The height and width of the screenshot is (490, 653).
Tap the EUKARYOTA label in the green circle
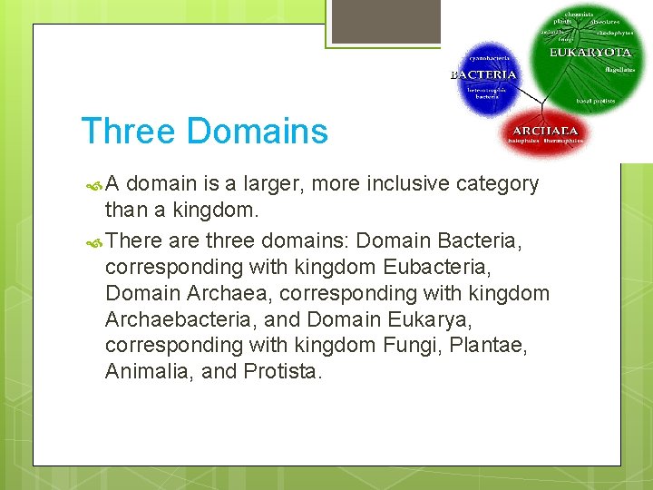click(x=590, y=54)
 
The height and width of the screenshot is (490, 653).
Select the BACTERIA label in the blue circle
click(x=483, y=74)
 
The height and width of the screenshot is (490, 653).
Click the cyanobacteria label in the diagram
click(x=490, y=57)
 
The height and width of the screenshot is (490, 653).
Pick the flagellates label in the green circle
click(x=619, y=69)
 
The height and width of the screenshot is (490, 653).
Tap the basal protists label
click(x=599, y=102)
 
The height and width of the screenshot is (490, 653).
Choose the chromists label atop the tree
click(x=580, y=15)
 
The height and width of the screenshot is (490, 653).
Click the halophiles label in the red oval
click(x=524, y=142)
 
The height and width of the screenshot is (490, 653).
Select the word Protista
click(x=282, y=371)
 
